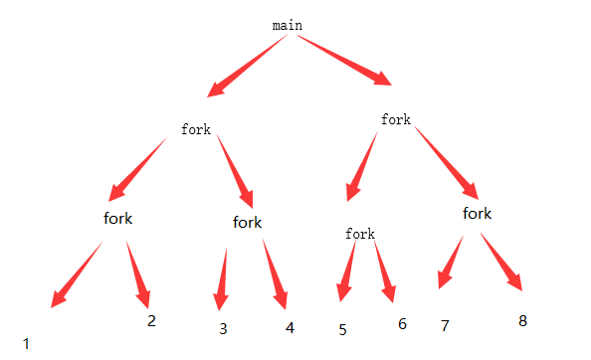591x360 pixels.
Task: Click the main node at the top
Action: [287, 25]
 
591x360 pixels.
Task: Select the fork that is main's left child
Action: [196, 129]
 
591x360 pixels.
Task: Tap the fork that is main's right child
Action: [396, 119]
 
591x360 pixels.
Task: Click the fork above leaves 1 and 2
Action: [117, 218]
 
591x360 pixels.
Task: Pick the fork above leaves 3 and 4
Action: [247, 222]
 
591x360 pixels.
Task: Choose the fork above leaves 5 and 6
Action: [360, 234]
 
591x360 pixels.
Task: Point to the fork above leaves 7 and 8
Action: [478, 213]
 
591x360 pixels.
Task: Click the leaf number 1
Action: [26, 343]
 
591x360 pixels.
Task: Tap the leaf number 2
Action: [151, 320]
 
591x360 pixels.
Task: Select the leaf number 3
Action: [224, 328]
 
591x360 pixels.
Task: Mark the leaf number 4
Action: [290, 327]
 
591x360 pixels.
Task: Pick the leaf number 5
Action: [342, 329]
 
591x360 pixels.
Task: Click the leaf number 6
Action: [402, 324]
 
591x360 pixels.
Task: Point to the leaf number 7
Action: [445, 325]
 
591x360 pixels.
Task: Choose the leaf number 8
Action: [522, 320]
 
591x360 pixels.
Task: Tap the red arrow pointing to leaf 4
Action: [276, 273]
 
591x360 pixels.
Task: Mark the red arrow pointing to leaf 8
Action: [501, 262]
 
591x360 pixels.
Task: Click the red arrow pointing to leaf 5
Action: [347, 269]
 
